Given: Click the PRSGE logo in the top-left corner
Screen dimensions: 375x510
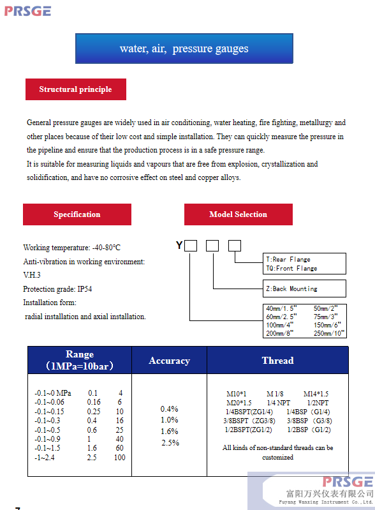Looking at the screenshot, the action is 27,11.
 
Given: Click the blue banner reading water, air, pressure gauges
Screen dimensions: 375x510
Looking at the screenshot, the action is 184,49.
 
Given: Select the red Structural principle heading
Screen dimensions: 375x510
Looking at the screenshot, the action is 76,89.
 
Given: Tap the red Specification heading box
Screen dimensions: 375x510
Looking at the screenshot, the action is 77,214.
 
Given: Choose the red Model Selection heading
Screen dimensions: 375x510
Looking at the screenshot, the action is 238,214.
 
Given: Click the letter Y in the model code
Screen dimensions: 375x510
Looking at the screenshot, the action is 179,245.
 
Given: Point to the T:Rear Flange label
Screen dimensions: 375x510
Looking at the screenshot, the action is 288,259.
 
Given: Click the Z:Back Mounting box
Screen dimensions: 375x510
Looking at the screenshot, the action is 304,289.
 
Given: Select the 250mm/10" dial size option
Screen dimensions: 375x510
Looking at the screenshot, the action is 329,333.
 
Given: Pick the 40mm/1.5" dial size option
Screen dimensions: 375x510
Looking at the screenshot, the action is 281,308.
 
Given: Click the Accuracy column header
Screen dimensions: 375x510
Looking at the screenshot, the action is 169,361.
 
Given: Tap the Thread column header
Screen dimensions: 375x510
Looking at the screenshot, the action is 278,361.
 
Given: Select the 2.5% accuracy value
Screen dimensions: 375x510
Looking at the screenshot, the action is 170,443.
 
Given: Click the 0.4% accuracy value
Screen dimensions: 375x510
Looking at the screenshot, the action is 169,409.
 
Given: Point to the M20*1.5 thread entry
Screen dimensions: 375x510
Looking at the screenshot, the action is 239,403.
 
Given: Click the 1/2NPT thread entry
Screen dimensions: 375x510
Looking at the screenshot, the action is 318,403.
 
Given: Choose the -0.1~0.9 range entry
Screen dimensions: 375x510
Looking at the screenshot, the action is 47,439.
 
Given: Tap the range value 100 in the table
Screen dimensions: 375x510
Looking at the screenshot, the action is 120,457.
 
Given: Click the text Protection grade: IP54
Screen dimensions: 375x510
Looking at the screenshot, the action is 57,289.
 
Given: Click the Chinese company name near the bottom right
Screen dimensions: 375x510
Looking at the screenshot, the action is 330,493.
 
